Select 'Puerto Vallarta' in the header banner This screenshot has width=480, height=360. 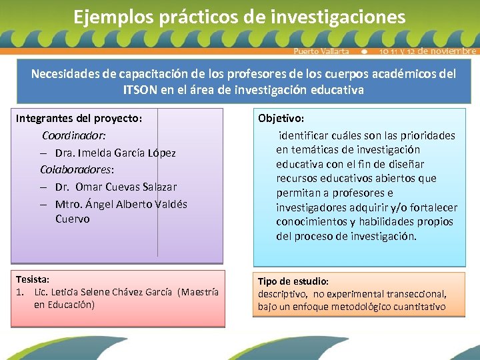pyautogui.click(x=321, y=51)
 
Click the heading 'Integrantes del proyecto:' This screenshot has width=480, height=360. pyautogui.click(x=79, y=118)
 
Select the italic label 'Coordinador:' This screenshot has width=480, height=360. pyautogui.click(x=74, y=135)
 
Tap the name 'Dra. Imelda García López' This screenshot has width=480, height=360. pyautogui.click(x=115, y=153)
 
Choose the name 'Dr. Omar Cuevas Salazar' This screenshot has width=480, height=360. pyautogui.click(x=116, y=187)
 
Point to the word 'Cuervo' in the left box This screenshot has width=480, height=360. pyautogui.click(x=72, y=219)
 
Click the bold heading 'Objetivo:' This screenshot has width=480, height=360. pyautogui.click(x=281, y=118)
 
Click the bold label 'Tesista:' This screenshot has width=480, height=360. pyautogui.click(x=33, y=280)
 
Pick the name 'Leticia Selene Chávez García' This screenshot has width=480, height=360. pyautogui.click(x=116, y=292)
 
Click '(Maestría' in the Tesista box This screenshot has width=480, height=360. pyautogui.click(x=199, y=292)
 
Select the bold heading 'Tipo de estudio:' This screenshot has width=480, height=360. pyautogui.click(x=293, y=281)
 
